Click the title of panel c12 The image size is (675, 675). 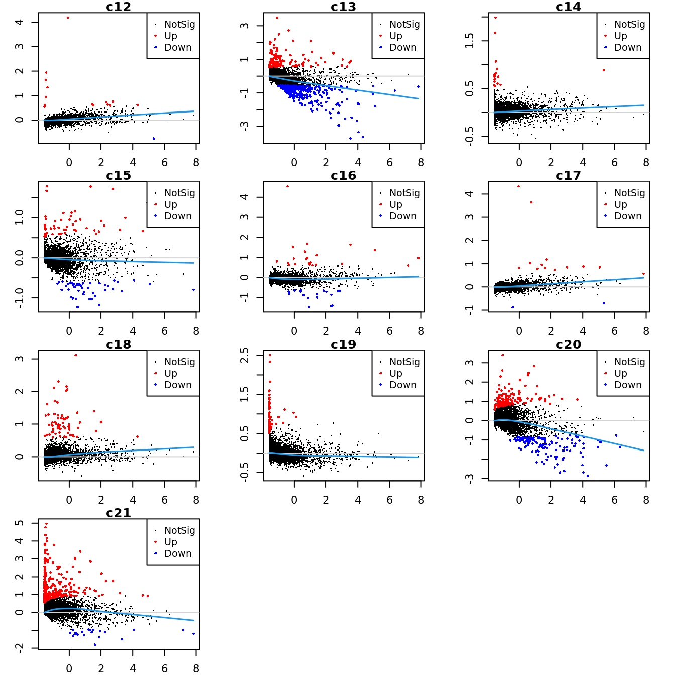[x=119, y=7]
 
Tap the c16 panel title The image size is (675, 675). [x=344, y=175]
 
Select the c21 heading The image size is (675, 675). [x=119, y=513]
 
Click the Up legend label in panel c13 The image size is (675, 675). [x=395, y=36]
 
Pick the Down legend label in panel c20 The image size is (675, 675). [x=628, y=385]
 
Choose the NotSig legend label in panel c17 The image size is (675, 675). [x=629, y=193]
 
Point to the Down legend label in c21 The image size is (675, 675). [x=178, y=553]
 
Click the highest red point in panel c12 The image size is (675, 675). [x=68, y=18]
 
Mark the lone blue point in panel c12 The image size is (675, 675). [x=154, y=138]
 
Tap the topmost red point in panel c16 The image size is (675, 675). [x=287, y=186]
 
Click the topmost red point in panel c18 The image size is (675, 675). [x=76, y=355]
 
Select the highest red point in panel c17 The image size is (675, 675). [x=519, y=186]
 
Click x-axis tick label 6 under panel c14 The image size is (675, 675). [x=614, y=162]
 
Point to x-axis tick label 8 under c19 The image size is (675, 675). [x=421, y=500]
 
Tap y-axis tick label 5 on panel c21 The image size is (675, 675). [x=19, y=523]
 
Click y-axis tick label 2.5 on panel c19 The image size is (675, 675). [x=244, y=355]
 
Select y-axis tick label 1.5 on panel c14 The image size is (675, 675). [x=469, y=41]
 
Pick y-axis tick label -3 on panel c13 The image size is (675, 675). [x=244, y=126]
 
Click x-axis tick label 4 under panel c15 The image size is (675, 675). [x=133, y=331]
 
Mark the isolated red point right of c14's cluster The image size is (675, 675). [x=603, y=70]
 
